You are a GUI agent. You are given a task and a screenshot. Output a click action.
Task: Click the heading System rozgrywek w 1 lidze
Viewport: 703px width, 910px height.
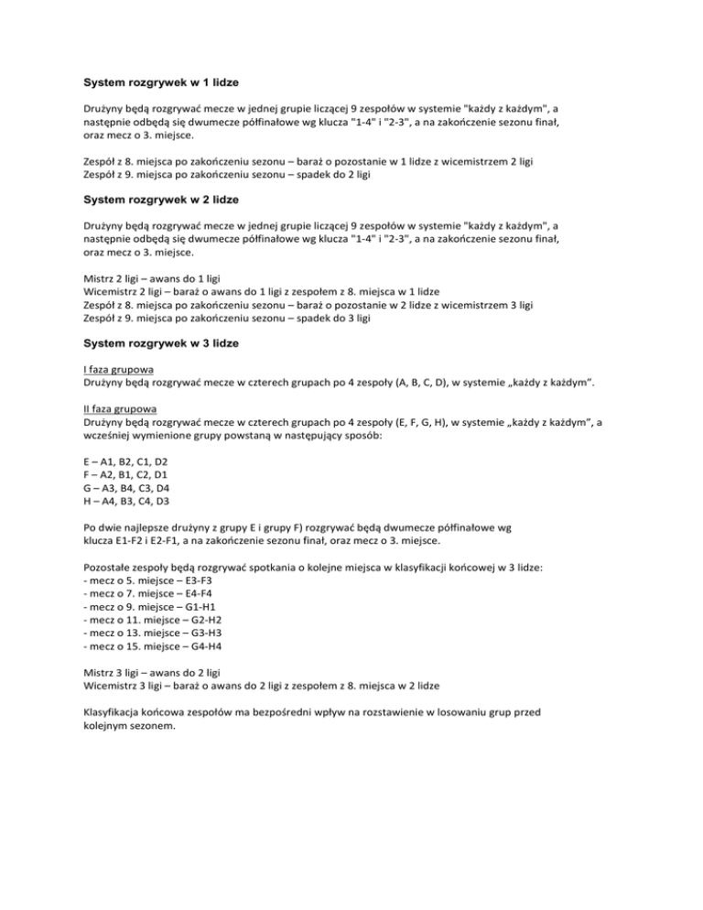point(162,81)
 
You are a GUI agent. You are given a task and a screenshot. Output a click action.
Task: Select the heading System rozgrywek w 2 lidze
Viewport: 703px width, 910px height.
point(162,221)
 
